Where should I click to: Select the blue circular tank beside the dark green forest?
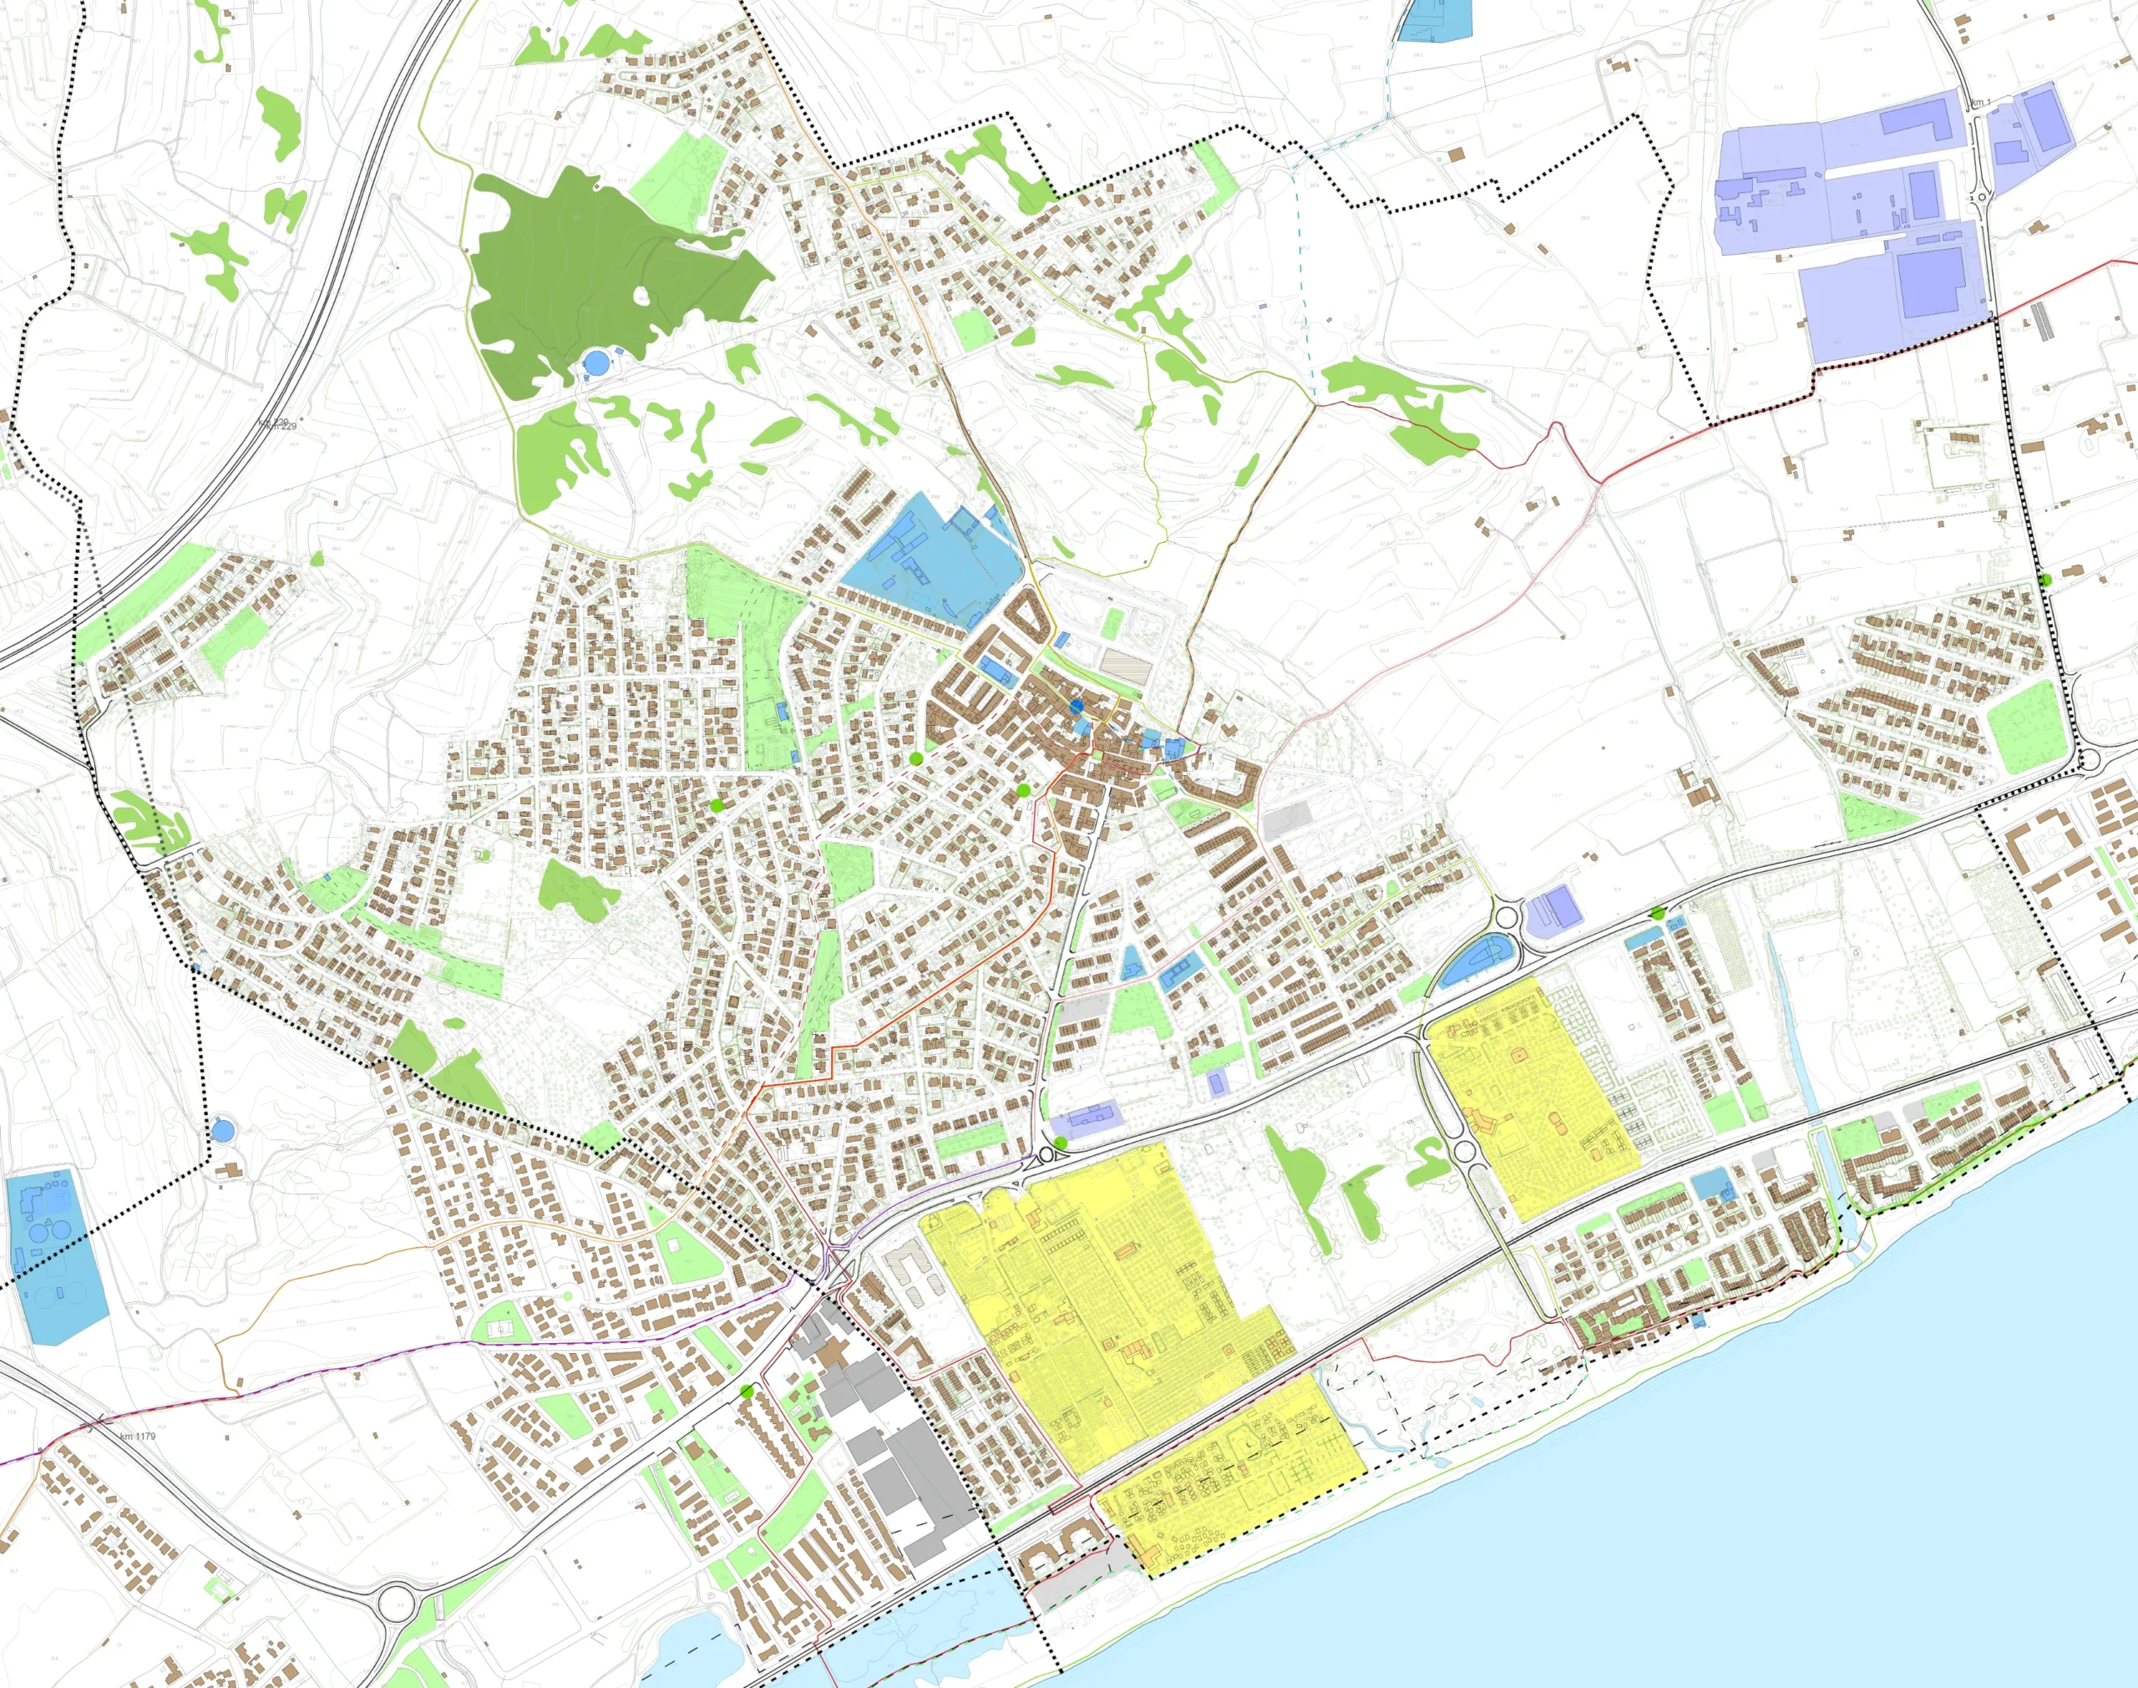(595, 362)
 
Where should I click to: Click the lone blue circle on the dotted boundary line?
(222, 1128)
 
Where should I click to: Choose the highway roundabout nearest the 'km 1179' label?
(396, 1597)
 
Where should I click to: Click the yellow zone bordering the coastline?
(1235, 1503)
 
